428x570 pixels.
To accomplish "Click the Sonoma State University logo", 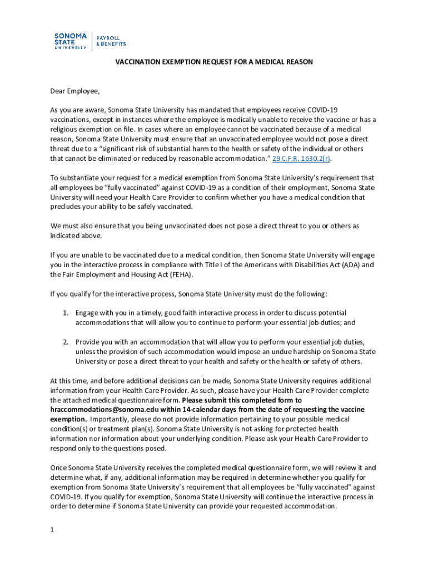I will (71, 41).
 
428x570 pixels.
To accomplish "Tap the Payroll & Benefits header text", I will (111, 41).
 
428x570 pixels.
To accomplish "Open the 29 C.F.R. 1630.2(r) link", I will (301, 159).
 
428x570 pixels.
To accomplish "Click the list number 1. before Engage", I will (65, 313).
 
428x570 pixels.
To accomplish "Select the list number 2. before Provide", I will (65, 342).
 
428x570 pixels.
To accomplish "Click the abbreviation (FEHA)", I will (179, 274).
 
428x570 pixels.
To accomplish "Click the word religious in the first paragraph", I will (66, 129).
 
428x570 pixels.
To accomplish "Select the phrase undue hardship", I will (281, 351).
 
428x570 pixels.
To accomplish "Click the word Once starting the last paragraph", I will (59, 468).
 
